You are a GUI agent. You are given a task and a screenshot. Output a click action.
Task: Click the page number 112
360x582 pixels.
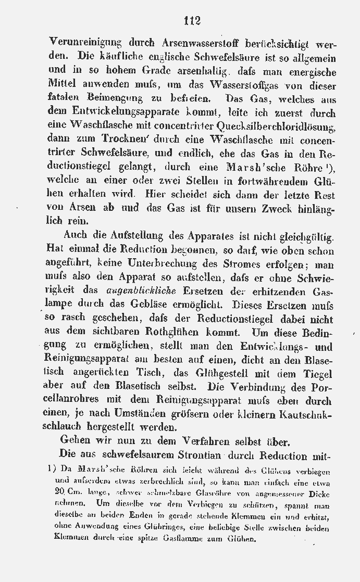tap(192, 20)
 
